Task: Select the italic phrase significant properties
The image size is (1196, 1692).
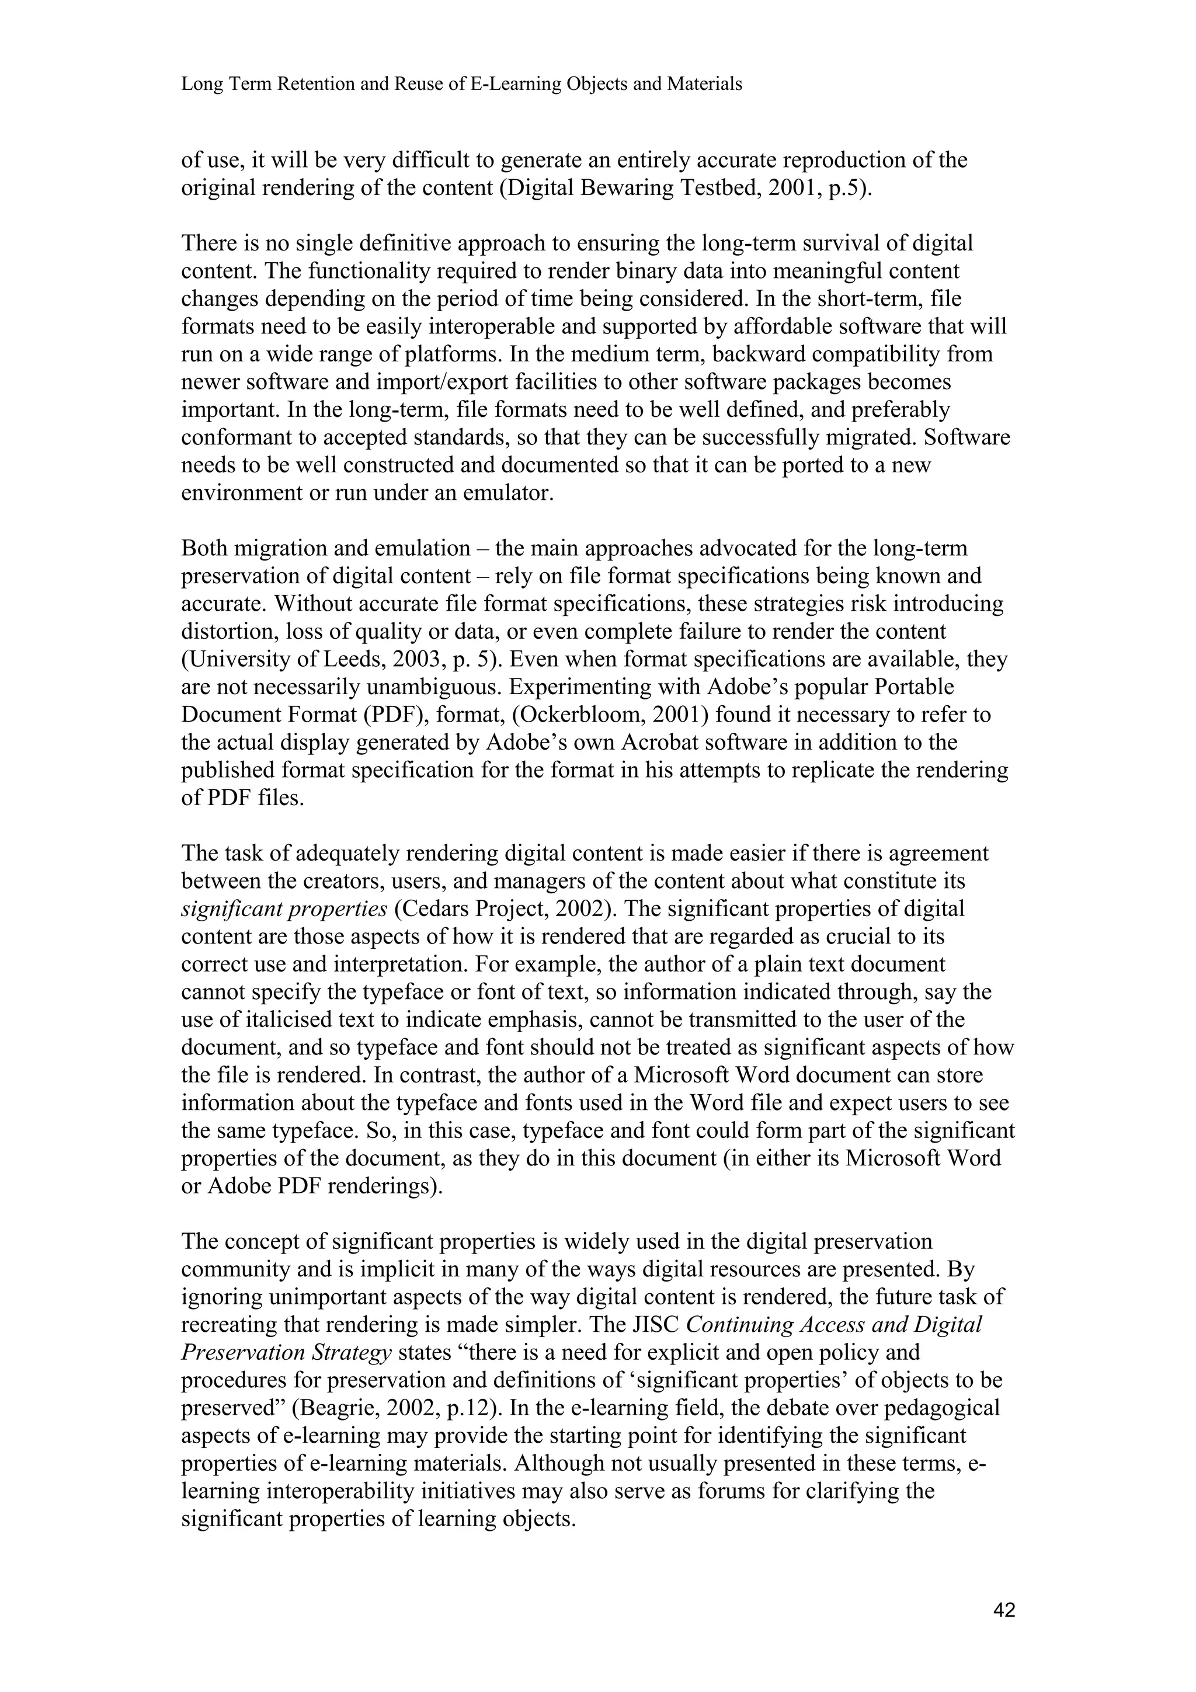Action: click(284, 910)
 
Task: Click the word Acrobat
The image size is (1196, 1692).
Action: click(679, 743)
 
